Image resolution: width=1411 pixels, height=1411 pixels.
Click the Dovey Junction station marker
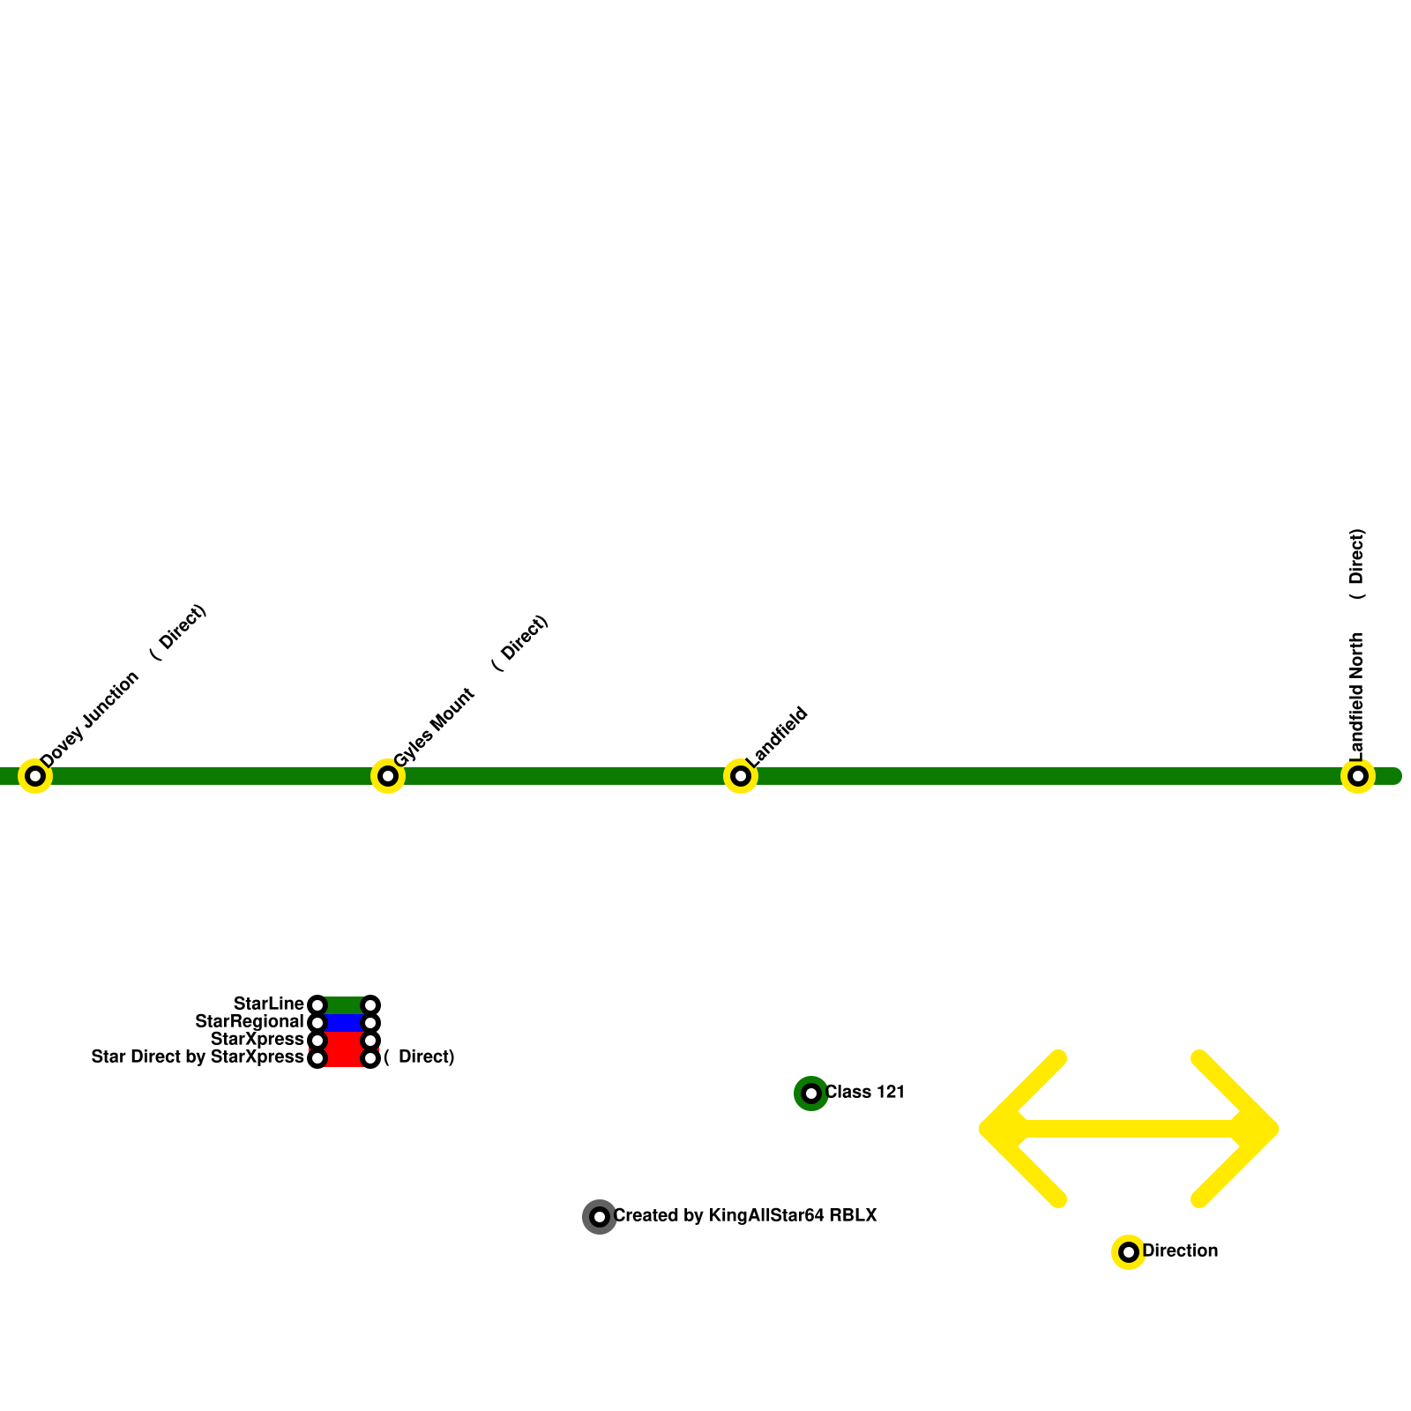point(35,776)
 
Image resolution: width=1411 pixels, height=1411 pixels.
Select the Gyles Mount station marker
point(388,776)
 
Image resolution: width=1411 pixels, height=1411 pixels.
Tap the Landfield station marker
point(741,776)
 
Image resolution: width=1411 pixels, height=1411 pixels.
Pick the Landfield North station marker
point(1358,776)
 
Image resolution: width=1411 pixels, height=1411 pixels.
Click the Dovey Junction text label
point(90,719)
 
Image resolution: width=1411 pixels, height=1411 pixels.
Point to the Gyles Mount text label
point(434,728)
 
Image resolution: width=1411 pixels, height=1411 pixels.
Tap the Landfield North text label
point(1356,697)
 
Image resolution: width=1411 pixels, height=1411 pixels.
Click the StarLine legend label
point(268,1004)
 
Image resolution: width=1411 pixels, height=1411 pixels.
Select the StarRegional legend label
point(249,1022)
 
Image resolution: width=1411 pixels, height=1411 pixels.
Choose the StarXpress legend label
point(257,1040)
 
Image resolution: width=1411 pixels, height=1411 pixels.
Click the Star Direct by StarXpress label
point(198,1057)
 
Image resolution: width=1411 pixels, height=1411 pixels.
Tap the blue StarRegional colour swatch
point(344,1023)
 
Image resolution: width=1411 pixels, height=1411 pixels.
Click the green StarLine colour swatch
point(344,1005)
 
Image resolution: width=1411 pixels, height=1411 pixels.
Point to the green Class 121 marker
point(811,1094)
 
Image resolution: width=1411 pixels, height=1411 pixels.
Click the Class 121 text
point(864,1093)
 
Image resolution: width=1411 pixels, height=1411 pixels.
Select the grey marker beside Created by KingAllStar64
point(600,1217)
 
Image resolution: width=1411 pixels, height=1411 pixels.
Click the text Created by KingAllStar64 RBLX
point(745,1216)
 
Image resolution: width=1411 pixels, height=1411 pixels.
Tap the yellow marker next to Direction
point(1129,1252)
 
